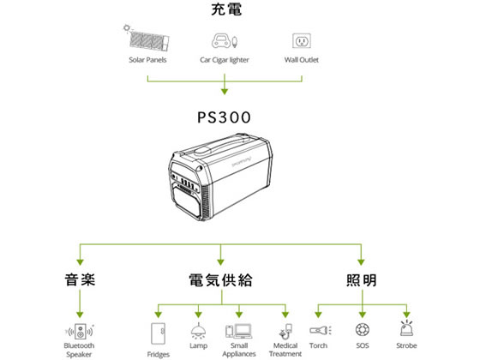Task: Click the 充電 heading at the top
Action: coord(225,10)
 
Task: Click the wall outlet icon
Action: coord(301,40)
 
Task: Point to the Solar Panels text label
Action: coord(147,60)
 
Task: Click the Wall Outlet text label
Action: coord(301,60)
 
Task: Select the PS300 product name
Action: coord(225,116)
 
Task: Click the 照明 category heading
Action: coord(361,279)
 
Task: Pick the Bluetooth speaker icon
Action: coord(79,330)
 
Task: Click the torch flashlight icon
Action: coord(319,330)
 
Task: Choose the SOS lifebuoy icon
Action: coord(362,330)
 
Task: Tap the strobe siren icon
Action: coord(406,330)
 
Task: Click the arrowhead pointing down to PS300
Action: coord(225,90)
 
